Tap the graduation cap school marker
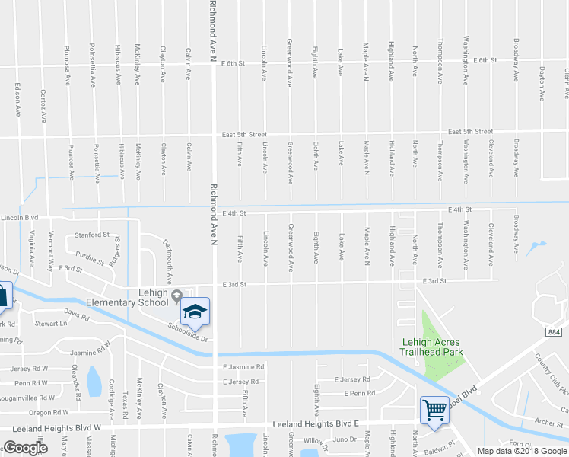[194, 312]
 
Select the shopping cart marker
[434, 410]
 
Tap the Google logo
[25, 448]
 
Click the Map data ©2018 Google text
[521, 451]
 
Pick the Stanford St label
[92, 235]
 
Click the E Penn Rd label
[360, 393]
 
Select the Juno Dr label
[345, 439]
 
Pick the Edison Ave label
[17, 99]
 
